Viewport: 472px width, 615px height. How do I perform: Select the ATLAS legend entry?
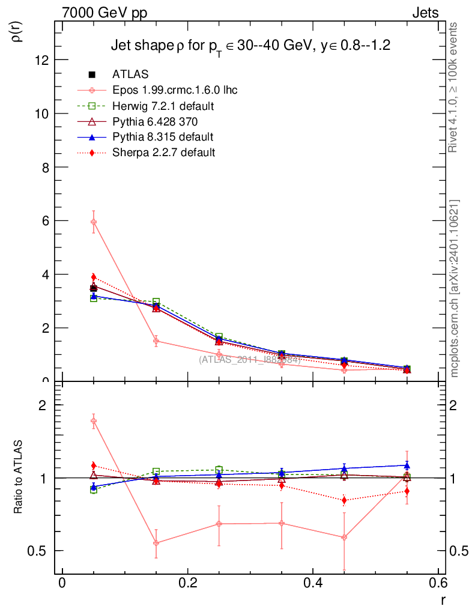click(x=130, y=74)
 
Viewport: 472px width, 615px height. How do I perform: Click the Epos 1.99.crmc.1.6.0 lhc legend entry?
click(x=175, y=90)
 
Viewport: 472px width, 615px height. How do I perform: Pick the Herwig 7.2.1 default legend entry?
click(x=163, y=106)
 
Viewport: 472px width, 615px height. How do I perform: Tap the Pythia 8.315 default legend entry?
click(x=163, y=137)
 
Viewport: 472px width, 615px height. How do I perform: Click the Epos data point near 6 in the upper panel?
click(x=94, y=222)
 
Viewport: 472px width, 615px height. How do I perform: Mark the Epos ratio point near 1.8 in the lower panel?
click(x=94, y=421)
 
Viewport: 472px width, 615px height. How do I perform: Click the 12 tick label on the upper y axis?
click(x=41, y=60)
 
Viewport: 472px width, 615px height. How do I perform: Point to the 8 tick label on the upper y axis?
click(x=44, y=167)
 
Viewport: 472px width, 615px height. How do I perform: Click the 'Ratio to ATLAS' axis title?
click(x=18, y=478)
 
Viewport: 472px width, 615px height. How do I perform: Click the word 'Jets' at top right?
click(x=425, y=13)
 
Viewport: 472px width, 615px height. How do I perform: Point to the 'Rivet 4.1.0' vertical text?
click(x=455, y=88)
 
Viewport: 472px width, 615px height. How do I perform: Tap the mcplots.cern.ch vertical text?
click(x=455, y=288)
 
